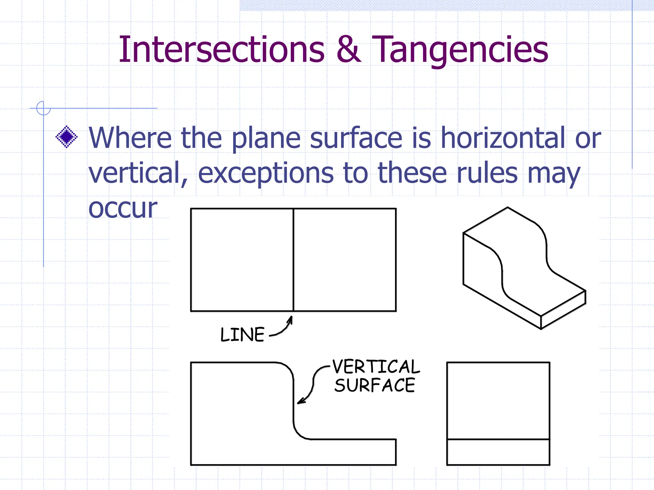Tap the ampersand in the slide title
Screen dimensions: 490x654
349,49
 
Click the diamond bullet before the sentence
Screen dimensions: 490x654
66,137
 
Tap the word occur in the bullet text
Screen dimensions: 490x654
123,209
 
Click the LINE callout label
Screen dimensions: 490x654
242,335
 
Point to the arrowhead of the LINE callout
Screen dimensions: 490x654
291,318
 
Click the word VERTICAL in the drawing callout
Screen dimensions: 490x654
376,367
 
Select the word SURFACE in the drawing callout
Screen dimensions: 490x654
375,385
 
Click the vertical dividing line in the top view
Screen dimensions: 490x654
293,260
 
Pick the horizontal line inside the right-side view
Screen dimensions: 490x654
498,439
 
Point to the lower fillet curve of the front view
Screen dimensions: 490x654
299,434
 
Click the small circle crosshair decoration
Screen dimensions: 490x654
43,108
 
